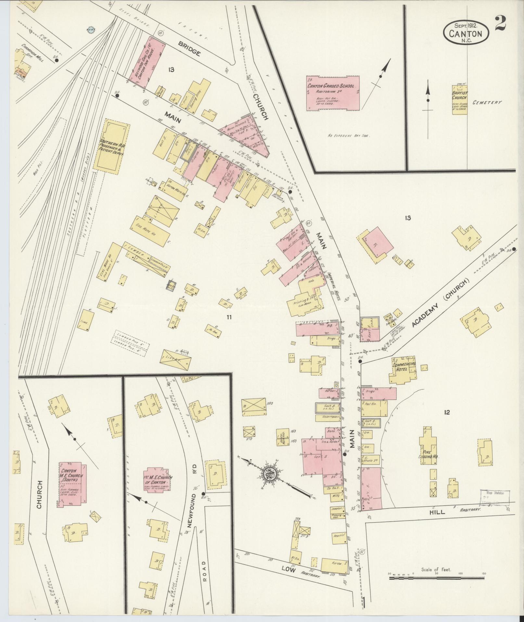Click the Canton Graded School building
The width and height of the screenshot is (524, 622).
(x=333, y=93)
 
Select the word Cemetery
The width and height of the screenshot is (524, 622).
(x=487, y=102)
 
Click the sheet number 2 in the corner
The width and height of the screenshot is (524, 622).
(x=502, y=23)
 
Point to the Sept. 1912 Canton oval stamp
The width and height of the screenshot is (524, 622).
(x=466, y=32)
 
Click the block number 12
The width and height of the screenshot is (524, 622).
(x=447, y=413)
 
